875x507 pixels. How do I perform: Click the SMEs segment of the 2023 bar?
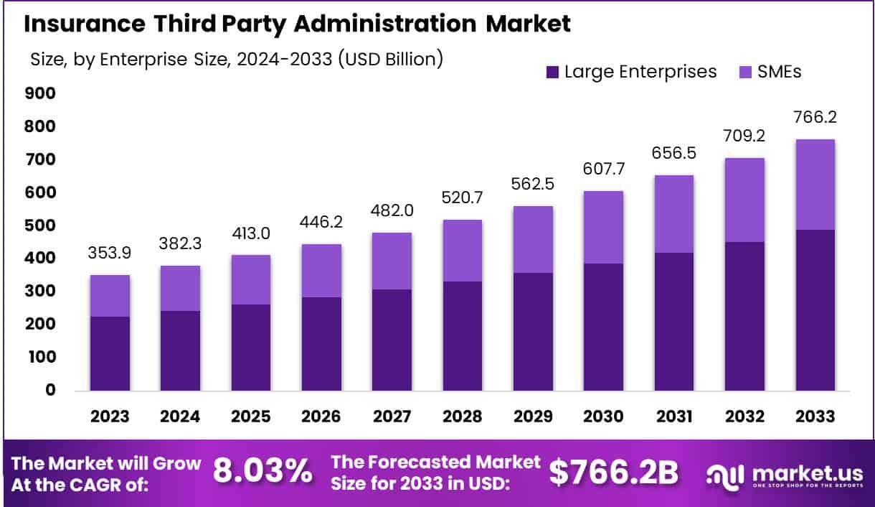[110, 295]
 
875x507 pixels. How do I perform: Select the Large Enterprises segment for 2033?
[815, 310]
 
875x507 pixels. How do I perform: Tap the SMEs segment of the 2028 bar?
[463, 250]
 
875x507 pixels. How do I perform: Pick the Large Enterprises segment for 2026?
[321, 343]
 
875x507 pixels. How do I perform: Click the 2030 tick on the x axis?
[603, 417]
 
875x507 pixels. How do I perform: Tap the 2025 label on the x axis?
[251, 417]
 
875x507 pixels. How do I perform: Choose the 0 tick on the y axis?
[49, 390]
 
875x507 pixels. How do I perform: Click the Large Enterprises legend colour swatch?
[552, 72]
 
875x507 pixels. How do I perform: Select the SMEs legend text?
[780, 72]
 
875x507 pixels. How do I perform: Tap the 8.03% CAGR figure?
[263, 472]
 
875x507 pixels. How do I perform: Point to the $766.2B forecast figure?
[614, 472]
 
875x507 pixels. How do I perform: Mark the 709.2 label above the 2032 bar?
[744, 136]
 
